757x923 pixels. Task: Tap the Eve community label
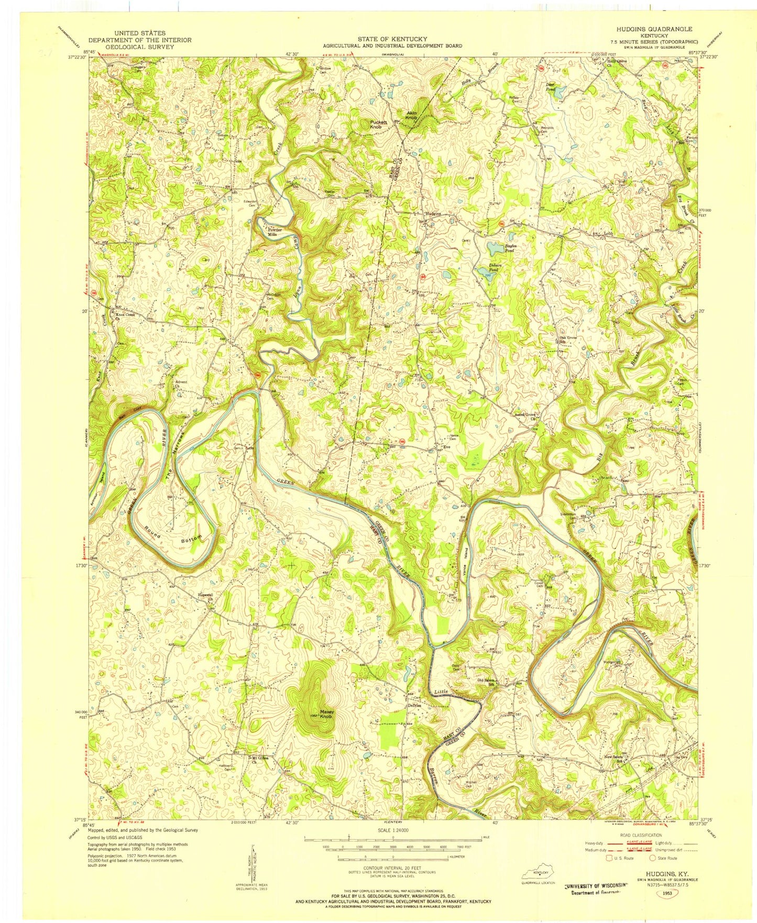[x=447, y=447]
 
